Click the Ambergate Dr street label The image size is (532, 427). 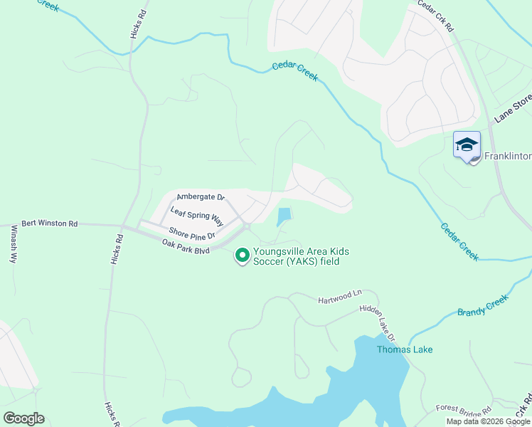[x=201, y=196]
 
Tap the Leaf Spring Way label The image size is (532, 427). [x=197, y=215]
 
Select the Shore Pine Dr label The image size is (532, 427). [x=191, y=233]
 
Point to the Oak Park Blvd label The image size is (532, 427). [x=186, y=246]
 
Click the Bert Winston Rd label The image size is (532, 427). [x=49, y=223]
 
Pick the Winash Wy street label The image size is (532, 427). [x=14, y=245]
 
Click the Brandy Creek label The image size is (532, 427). [x=483, y=307]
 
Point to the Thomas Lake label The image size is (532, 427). [x=404, y=349]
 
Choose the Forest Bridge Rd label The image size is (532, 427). [x=464, y=409]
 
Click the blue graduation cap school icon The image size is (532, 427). [x=467, y=145]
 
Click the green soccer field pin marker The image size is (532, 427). [x=242, y=255]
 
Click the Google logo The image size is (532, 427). [x=23, y=418]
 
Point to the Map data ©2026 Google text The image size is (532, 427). [x=487, y=421]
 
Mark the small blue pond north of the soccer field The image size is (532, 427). [x=284, y=216]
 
